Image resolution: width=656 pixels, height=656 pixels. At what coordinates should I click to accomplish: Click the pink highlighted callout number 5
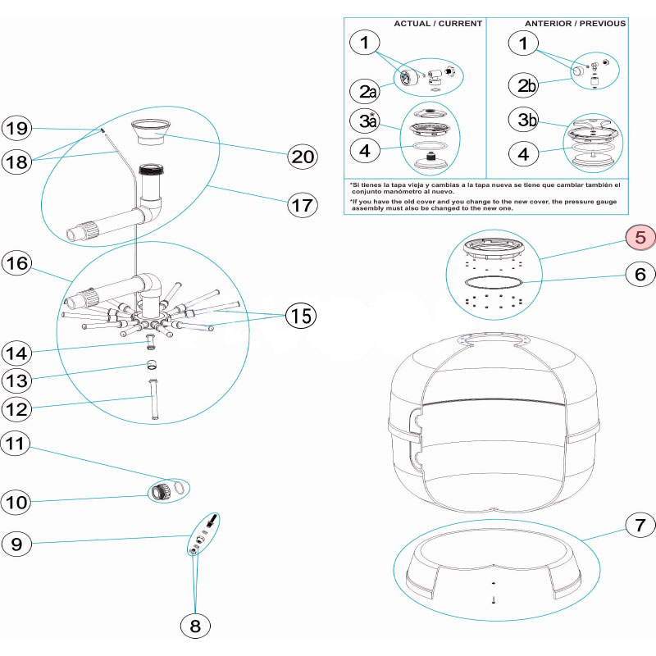pyautogui.click(x=640, y=238)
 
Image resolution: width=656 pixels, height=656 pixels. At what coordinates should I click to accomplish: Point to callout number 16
pyautogui.click(x=17, y=263)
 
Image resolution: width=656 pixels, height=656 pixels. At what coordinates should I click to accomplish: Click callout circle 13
pyautogui.click(x=17, y=380)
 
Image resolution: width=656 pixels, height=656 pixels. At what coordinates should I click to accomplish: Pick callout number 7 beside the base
pyautogui.click(x=640, y=523)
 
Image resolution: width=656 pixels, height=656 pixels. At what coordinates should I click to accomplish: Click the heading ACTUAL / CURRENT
pyautogui.click(x=438, y=23)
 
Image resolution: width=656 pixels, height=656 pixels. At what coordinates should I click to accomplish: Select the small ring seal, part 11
pyautogui.click(x=183, y=489)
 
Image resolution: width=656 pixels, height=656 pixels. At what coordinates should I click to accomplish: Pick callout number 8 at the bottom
pyautogui.click(x=195, y=626)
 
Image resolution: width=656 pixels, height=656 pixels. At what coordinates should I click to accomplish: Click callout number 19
pyautogui.click(x=17, y=128)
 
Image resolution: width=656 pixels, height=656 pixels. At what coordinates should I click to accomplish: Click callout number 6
pyautogui.click(x=640, y=275)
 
